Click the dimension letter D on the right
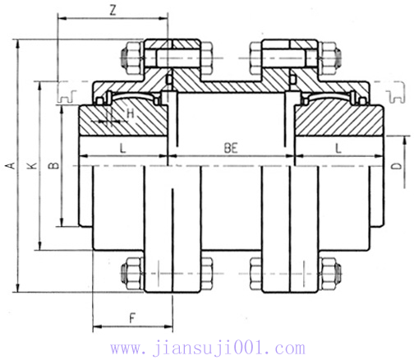coord(397,167)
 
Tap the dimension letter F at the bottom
coord(131,317)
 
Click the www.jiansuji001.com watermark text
coord(207,348)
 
